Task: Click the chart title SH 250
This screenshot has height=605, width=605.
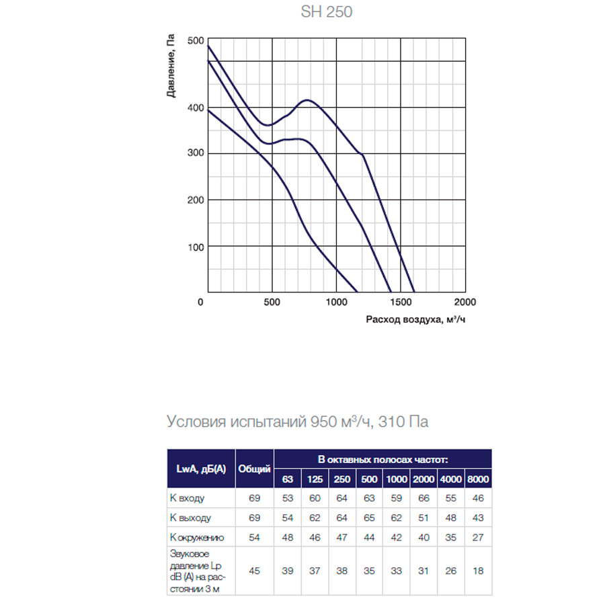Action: [325, 12]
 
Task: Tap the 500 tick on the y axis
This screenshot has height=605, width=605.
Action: [195, 41]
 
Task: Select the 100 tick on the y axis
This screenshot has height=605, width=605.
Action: [195, 247]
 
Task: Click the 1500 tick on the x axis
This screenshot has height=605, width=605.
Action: [400, 302]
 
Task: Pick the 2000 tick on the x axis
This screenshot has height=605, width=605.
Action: [465, 302]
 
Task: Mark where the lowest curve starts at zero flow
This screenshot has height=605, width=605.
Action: [208, 110]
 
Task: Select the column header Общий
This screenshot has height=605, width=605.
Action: [254, 469]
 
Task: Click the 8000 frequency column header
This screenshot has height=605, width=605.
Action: [479, 479]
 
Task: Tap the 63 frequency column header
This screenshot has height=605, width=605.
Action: [288, 479]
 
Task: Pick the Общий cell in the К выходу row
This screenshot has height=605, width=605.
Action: [254, 518]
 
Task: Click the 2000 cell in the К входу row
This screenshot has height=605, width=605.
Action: [424, 498]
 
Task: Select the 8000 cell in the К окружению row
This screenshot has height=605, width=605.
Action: [479, 537]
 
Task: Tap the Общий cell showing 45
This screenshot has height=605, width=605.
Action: [254, 571]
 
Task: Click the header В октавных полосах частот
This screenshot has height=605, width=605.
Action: [382, 458]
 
